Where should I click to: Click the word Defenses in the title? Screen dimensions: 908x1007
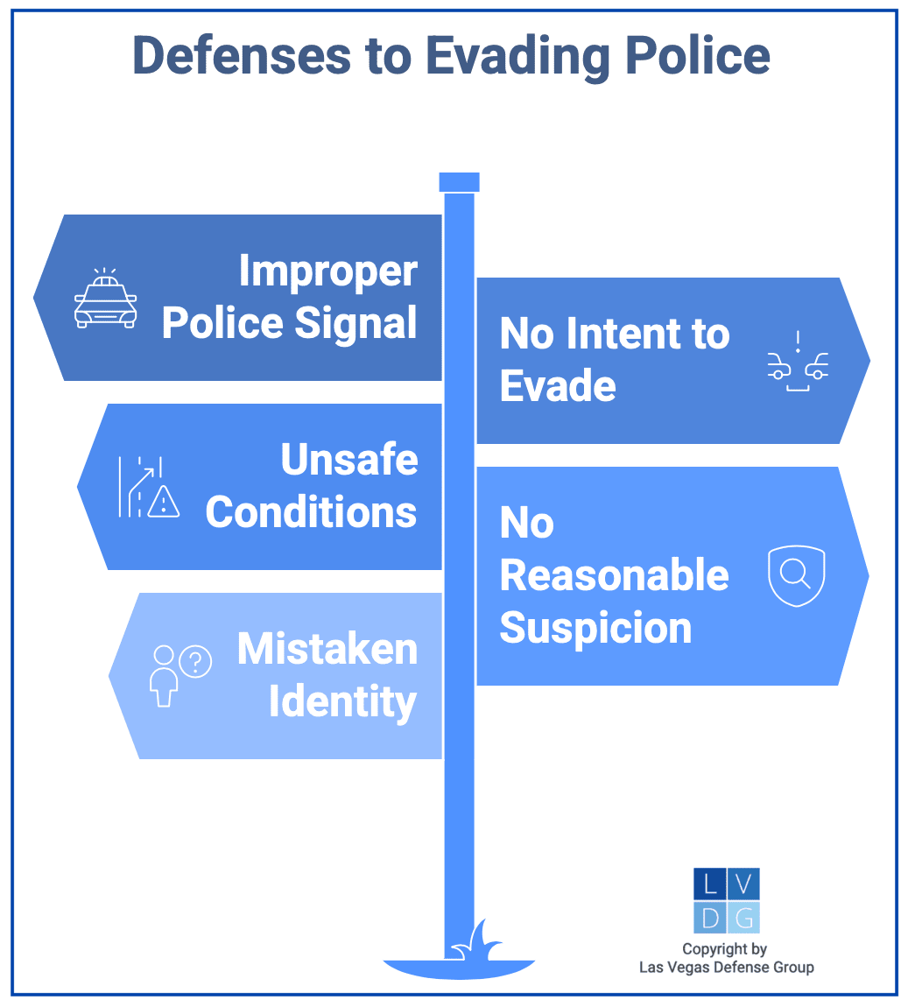(x=242, y=55)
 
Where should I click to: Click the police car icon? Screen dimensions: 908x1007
(x=106, y=298)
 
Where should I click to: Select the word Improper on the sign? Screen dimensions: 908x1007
(x=328, y=272)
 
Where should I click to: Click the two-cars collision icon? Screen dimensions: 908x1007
(x=798, y=361)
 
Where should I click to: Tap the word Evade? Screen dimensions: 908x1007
(x=558, y=386)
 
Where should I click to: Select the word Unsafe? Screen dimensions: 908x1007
(x=349, y=459)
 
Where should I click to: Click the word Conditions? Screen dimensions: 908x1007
(x=311, y=512)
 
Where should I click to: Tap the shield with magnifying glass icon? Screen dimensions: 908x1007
(x=796, y=576)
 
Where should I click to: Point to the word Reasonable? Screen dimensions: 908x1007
(x=614, y=574)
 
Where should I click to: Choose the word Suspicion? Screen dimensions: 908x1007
(x=595, y=628)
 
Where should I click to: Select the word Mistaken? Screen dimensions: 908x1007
(x=327, y=649)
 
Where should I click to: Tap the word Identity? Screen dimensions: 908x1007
(x=342, y=701)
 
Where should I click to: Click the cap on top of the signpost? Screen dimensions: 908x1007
(x=459, y=182)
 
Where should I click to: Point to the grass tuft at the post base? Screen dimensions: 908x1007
(x=475, y=940)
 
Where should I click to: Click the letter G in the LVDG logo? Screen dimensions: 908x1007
(x=743, y=919)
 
